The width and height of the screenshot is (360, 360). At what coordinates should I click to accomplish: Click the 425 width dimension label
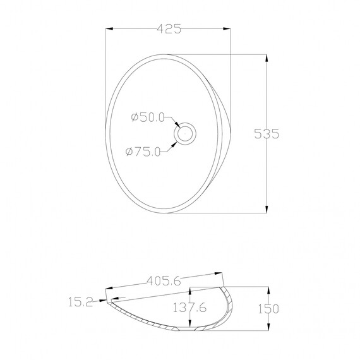pos(169,29)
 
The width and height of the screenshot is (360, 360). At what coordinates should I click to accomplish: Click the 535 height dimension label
pos(267,134)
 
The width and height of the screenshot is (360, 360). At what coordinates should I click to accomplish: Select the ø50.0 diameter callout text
pos(148,117)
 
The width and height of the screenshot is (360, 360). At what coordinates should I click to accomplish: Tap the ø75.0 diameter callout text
pos(143,152)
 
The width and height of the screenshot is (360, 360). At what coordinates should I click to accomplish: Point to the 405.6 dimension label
pos(164,281)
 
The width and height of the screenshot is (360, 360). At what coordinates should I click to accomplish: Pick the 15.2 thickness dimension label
pos(80,302)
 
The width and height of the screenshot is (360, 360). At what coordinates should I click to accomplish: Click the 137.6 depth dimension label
pos(189,308)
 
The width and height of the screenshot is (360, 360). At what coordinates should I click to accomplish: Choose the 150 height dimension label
pos(268,309)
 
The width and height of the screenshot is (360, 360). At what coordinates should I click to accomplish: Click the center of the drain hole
pos(185,134)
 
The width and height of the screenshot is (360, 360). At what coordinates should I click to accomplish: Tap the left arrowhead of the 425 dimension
pos(109,28)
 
